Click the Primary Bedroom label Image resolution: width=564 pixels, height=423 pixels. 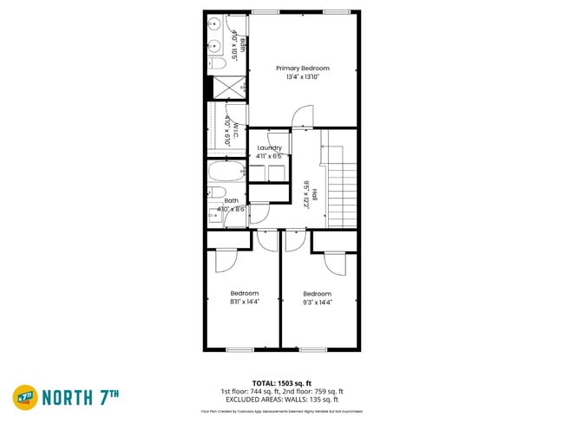[303, 68]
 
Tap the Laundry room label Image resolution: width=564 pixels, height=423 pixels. [269, 148]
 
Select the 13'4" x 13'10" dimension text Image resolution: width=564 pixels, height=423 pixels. [303, 77]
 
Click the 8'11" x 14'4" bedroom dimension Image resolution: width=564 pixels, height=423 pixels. [244, 302]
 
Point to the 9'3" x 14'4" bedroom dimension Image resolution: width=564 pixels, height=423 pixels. [317, 303]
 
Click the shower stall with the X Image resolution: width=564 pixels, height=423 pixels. [228, 87]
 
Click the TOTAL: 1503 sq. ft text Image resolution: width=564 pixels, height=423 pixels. [281, 382]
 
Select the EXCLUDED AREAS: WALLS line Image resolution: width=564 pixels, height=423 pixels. [281, 400]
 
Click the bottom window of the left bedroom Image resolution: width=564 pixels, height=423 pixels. [239, 349]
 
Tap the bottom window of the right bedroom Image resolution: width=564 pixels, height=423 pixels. [312, 349]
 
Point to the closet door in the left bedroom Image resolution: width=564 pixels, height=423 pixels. [224, 258]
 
